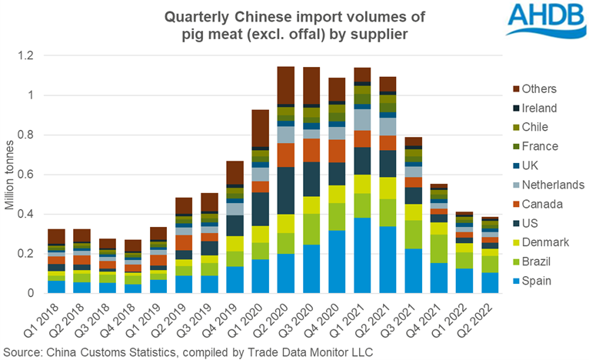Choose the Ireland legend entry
pyautogui.click(x=549, y=108)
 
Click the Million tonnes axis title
pyautogui.click(x=11, y=175)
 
